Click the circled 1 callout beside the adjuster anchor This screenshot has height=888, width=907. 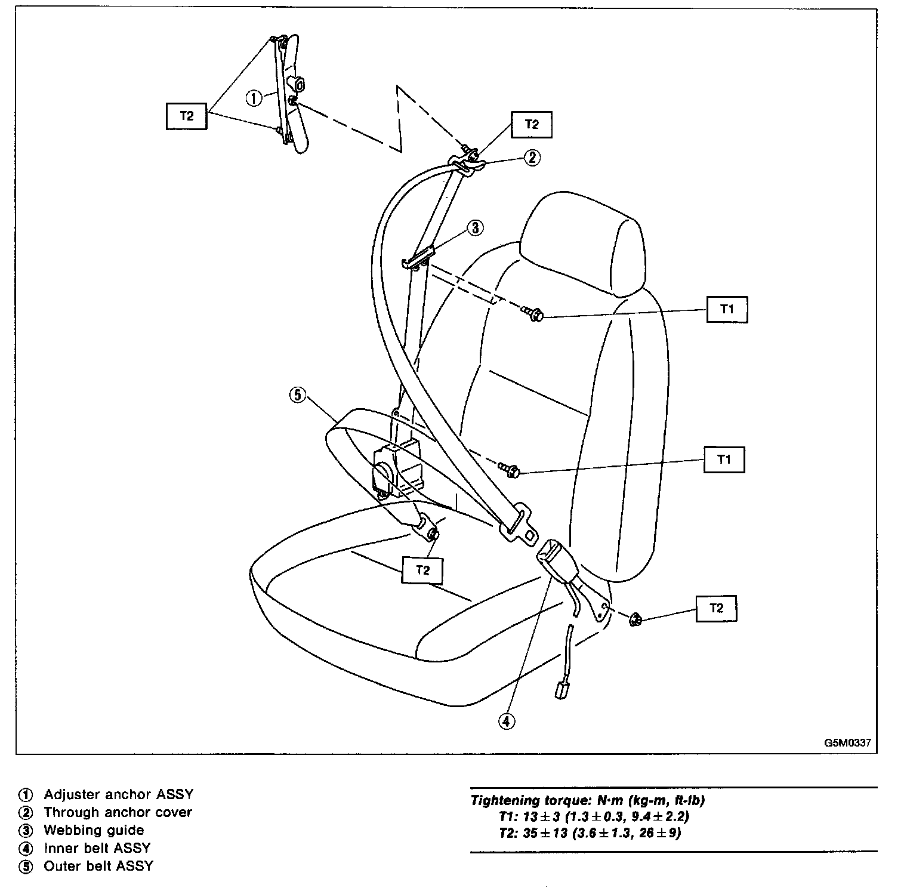click(254, 98)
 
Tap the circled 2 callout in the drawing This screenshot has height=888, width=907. click(532, 158)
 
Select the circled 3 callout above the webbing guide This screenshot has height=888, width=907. click(474, 227)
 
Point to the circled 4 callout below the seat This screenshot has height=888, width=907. click(506, 721)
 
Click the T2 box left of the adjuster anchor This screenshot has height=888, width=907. click(187, 116)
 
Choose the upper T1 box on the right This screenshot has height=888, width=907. click(727, 309)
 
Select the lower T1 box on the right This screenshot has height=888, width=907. click(724, 460)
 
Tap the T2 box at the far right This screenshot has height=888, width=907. click(716, 608)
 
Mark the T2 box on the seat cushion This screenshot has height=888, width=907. click(422, 570)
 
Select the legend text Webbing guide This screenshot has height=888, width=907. click(94, 830)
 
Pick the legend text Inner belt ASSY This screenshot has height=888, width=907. click(97, 848)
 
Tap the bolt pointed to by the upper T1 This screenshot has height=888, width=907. click(533, 314)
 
